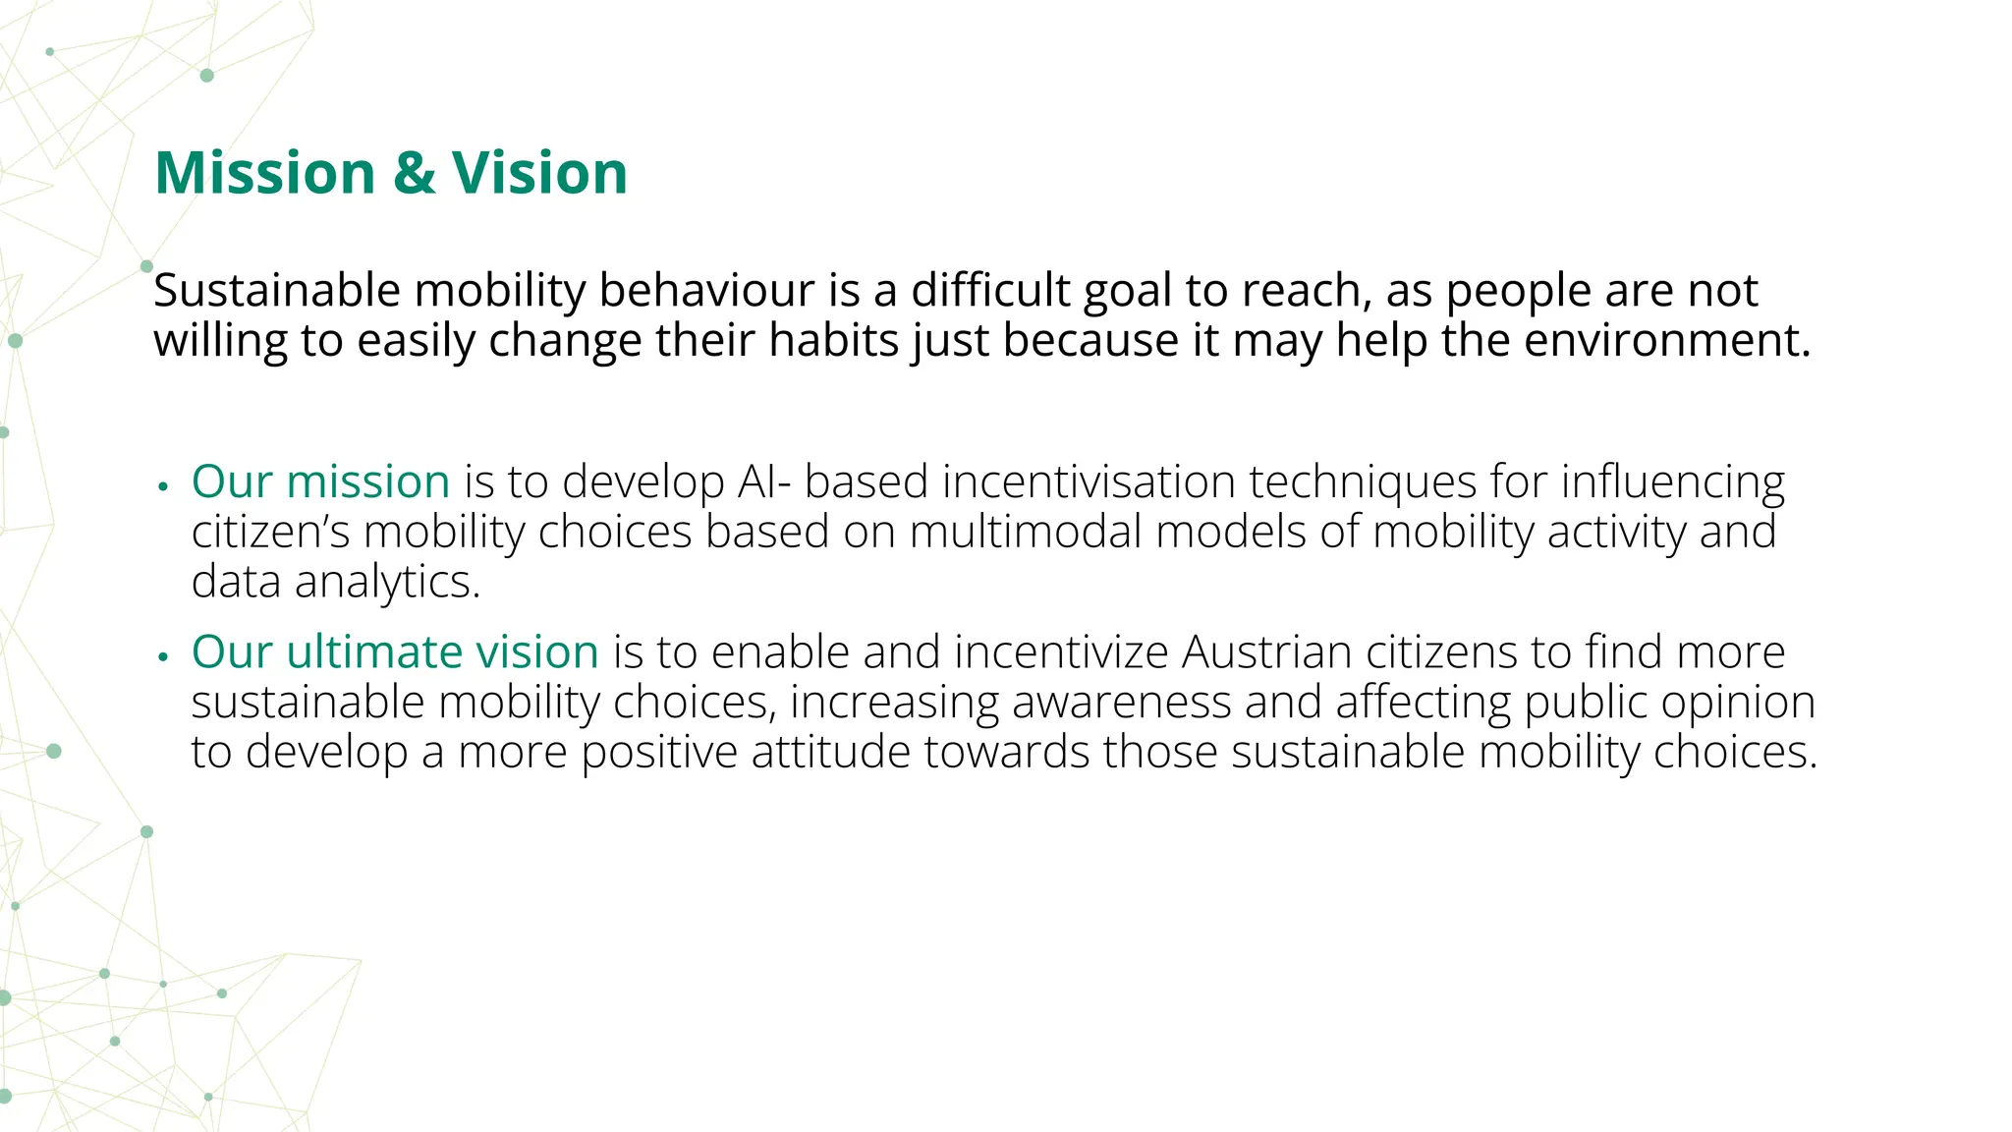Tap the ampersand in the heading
point(414,173)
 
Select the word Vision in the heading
point(539,173)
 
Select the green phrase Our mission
point(320,481)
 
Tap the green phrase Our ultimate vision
point(395,651)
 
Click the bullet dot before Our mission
point(164,486)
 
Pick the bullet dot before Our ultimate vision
point(164,656)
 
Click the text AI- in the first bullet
point(763,481)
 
